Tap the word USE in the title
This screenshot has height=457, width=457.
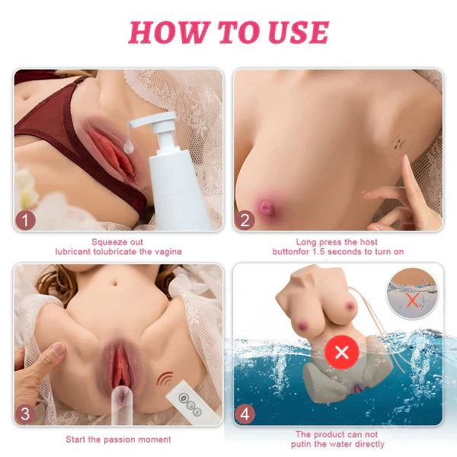click(299, 32)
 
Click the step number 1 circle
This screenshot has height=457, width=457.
click(25, 220)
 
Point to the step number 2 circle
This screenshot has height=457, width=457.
click(244, 220)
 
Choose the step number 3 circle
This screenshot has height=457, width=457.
click(25, 414)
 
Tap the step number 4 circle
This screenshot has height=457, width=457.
click(244, 414)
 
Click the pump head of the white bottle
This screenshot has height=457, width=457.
click(158, 128)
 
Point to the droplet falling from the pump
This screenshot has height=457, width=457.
click(129, 145)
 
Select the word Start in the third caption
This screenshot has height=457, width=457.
click(75, 439)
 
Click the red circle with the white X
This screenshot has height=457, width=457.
click(342, 353)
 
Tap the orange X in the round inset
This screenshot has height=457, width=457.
click(412, 300)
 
